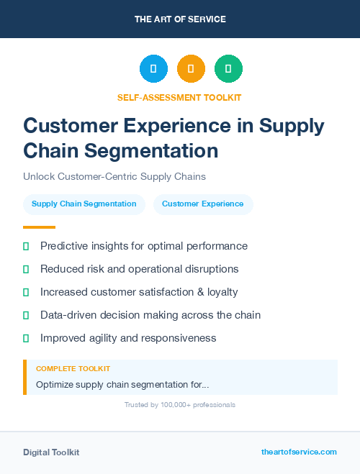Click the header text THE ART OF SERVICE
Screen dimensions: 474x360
click(x=180, y=19)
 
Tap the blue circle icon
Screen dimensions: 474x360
click(x=153, y=69)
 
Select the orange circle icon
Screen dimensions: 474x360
click(x=191, y=69)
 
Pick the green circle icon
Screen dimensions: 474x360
click(x=228, y=69)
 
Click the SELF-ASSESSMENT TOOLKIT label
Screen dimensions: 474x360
click(x=179, y=97)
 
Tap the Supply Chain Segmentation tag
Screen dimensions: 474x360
click(x=84, y=204)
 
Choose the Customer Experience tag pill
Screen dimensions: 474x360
click(x=203, y=204)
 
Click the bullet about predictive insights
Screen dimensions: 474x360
click(x=144, y=246)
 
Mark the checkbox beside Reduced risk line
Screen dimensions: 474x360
click(x=26, y=269)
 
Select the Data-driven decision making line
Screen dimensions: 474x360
click(x=150, y=315)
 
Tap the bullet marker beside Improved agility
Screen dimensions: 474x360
click(x=26, y=338)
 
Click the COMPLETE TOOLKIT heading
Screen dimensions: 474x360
click(x=73, y=368)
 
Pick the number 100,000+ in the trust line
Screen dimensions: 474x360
click(x=171, y=405)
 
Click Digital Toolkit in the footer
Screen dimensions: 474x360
click(x=51, y=452)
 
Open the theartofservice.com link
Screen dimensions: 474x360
click(x=299, y=452)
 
